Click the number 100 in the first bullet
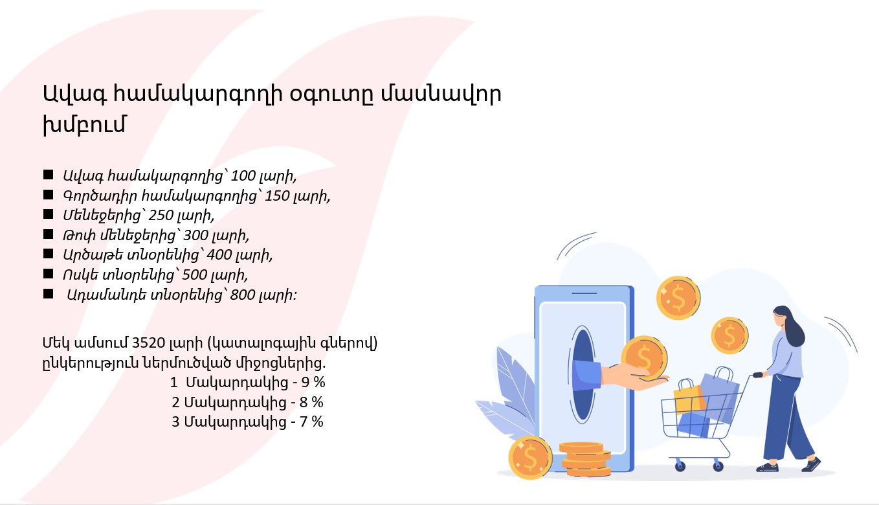(x=243, y=176)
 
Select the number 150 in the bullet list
(x=278, y=196)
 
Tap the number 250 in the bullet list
(x=161, y=215)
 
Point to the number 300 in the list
(x=195, y=235)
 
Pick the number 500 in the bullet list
(x=195, y=275)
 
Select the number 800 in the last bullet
(x=242, y=295)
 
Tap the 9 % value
(x=313, y=382)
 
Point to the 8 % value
(x=311, y=402)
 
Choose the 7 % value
(x=311, y=422)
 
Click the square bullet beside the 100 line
(x=49, y=175)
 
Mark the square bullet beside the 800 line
(x=49, y=293)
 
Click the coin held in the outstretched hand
(x=644, y=358)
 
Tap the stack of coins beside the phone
(x=585, y=459)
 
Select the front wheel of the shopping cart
(x=680, y=466)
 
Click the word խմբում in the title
(x=84, y=125)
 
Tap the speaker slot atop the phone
(x=584, y=293)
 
